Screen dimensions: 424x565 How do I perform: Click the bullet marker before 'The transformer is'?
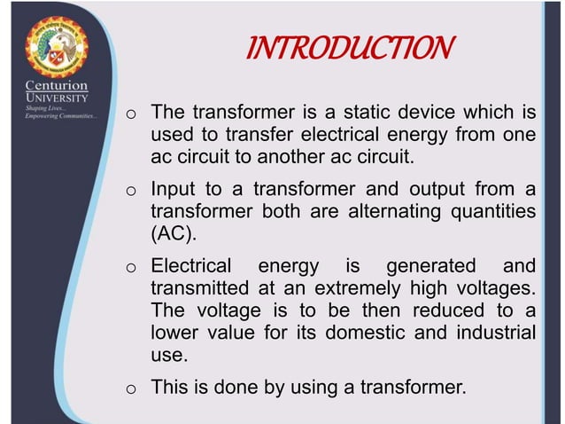point(129,115)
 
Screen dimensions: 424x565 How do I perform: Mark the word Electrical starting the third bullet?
point(191,266)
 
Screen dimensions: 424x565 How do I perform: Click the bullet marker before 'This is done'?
point(129,388)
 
